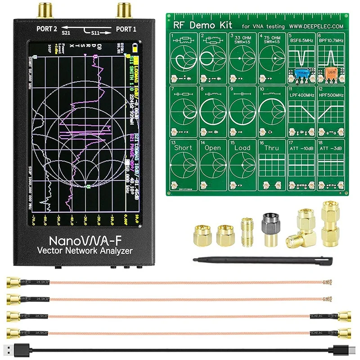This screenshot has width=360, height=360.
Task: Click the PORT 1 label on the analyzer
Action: (126, 30)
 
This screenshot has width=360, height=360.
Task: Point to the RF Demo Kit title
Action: (198, 25)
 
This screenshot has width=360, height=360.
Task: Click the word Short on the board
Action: (183, 148)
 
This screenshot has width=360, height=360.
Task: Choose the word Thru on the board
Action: (271, 148)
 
